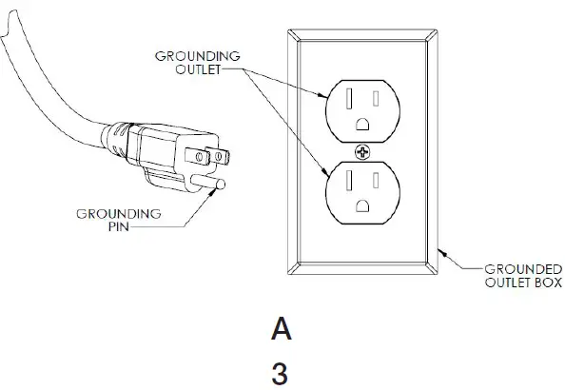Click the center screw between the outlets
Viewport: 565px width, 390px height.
[x=361, y=153]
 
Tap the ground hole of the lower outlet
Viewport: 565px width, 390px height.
[x=361, y=205]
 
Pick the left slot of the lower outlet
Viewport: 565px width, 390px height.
[x=348, y=181]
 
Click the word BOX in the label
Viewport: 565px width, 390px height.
[x=546, y=282]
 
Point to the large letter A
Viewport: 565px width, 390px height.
[x=281, y=329]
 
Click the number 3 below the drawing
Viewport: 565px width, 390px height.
[x=281, y=373]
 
